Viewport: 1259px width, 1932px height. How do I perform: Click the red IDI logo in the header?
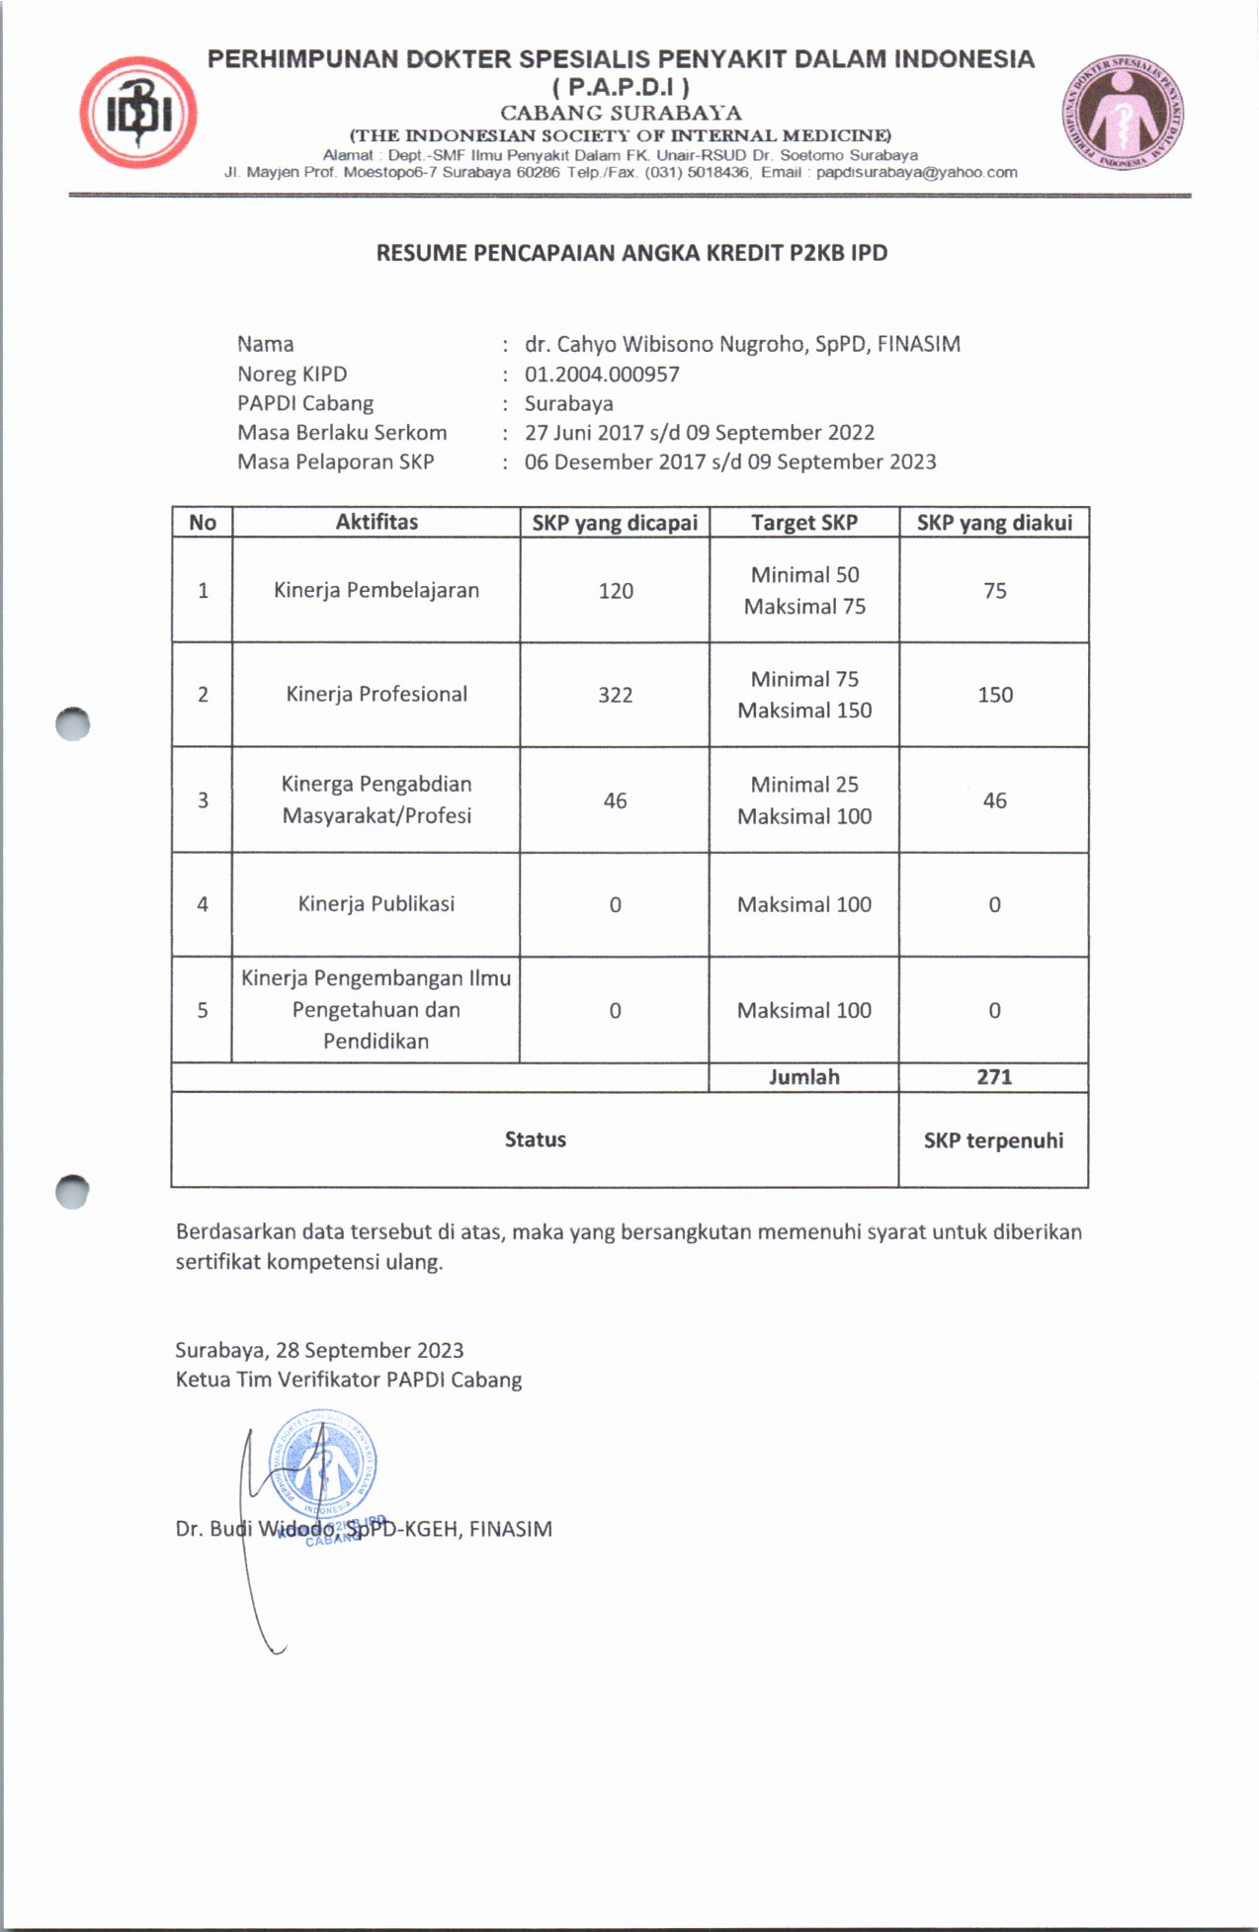click(138, 113)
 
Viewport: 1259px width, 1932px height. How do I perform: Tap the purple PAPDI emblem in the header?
click(1123, 113)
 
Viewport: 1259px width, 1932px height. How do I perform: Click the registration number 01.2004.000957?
click(602, 374)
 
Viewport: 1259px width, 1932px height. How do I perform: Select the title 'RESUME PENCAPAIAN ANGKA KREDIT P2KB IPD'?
click(631, 253)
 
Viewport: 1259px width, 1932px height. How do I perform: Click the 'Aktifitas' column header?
click(377, 522)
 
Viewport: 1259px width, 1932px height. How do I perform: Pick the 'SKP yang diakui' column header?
click(994, 523)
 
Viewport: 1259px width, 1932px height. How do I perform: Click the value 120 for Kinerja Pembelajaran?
click(615, 591)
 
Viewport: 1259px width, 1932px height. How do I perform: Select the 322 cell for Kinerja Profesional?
click(615, 695)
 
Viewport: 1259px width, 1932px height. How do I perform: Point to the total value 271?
click(994, 1077)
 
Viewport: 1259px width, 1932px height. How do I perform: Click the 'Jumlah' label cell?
click(803, 1077)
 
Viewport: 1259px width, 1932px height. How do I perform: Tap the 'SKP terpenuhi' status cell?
click(993, 1140)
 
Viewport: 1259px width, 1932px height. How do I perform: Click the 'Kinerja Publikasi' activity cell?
click(377, 903)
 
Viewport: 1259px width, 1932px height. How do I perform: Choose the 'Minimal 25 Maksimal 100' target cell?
click(804, 799)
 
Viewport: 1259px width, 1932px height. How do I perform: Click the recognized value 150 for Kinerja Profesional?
click(995, 695)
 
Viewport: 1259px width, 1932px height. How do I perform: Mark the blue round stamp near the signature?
click(323, 1467)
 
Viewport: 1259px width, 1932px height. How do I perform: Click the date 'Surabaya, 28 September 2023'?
click(319, 1350)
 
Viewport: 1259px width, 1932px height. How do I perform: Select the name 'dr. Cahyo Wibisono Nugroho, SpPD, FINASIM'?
click(742, 344)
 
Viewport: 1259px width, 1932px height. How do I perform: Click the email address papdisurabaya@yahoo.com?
click(916, 172)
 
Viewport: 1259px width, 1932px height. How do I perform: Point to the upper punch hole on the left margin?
click(73, 724)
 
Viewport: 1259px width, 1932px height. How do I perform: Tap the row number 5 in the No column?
click(203, 1010)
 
